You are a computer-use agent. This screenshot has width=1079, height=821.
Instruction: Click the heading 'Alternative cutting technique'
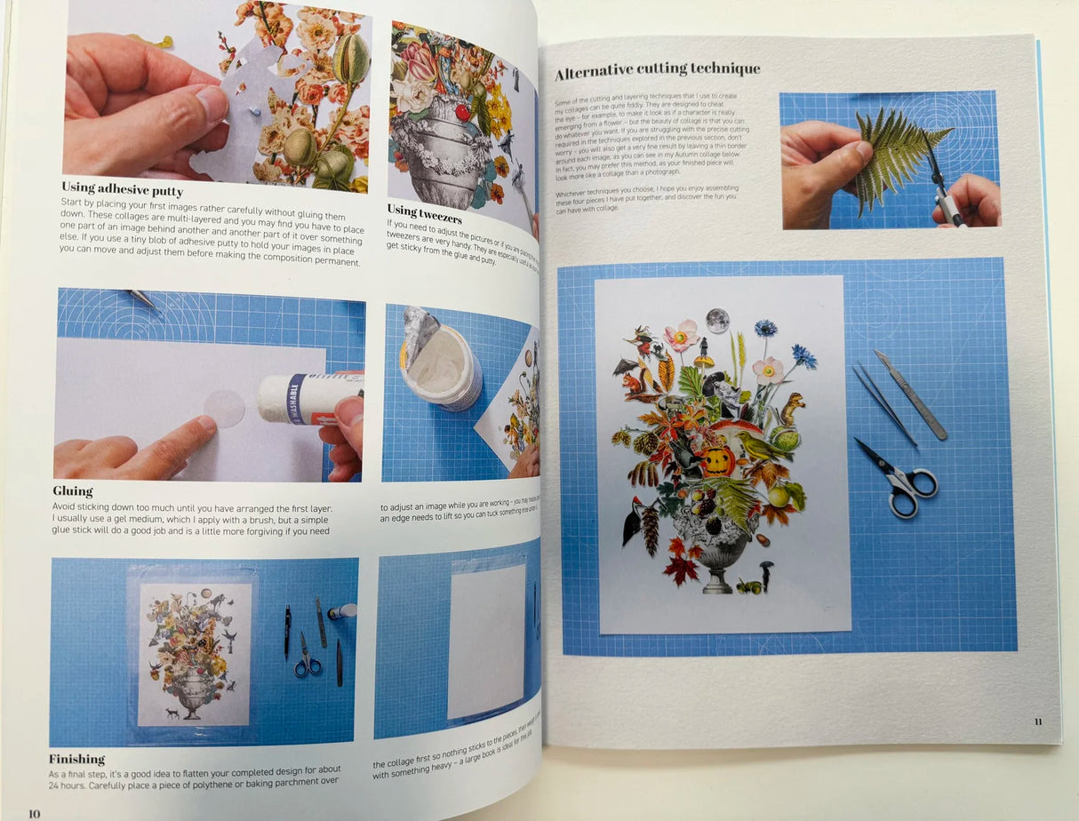[x=657, y=68]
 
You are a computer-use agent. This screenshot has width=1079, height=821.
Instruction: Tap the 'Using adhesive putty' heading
[x=122, y=188]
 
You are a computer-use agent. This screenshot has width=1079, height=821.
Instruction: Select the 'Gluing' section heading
[x=73, y=490]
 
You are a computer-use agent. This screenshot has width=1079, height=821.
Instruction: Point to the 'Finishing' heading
[x=76, y=759]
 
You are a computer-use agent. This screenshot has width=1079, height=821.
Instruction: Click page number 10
[x=34, y=813]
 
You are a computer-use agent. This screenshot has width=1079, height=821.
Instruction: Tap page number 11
[x=1037, y=721]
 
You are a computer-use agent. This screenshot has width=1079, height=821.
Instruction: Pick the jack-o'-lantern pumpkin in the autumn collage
[x=716, y=459]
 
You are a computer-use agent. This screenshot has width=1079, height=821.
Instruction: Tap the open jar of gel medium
[x=441, y=357]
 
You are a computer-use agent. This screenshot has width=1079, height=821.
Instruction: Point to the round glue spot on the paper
[x=224, y=408]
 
